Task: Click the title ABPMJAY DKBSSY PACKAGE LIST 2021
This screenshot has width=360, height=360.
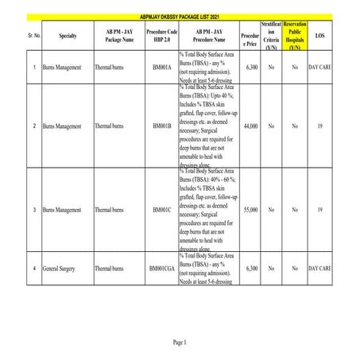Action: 180,15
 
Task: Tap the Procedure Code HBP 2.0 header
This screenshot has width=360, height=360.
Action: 162,36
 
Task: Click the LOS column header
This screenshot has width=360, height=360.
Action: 319,36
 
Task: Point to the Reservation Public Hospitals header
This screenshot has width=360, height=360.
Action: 294,36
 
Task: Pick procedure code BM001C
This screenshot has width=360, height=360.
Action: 162,210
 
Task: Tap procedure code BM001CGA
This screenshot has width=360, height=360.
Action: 162,269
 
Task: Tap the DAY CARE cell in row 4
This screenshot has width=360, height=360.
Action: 319,269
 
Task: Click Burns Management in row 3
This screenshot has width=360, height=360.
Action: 62,210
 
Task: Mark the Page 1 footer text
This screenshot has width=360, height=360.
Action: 179,342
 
